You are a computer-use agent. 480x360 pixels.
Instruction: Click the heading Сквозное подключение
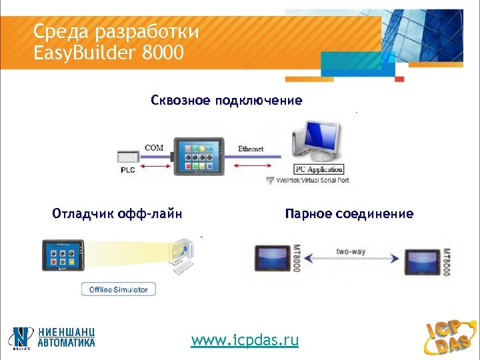226,101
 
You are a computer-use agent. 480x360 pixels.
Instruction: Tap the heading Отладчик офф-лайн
117,214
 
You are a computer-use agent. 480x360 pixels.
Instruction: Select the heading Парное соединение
349,214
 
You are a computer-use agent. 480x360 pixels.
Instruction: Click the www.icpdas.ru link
245,341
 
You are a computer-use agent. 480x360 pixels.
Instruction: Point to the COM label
154,147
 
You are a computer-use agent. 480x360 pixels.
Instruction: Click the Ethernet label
251,149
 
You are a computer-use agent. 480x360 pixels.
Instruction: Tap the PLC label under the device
127,170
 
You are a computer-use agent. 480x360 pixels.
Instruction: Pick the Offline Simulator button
119,289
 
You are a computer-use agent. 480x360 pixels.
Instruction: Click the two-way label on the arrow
350,252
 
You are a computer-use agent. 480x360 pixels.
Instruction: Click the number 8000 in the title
163,51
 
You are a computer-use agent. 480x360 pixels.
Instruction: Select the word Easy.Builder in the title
85,51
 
